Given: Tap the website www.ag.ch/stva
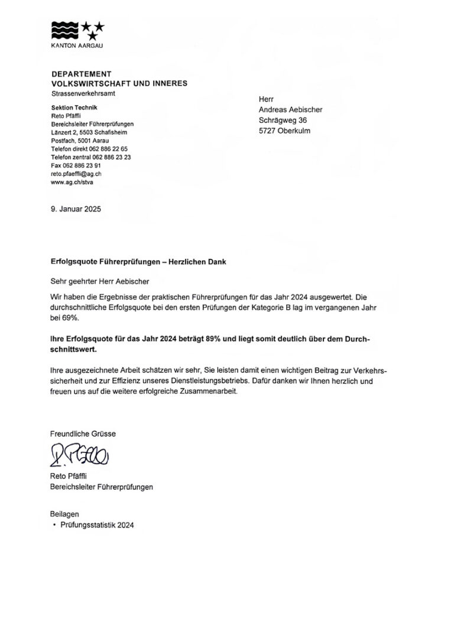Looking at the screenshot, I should tap(72, 183).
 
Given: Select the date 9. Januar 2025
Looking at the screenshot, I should tap(76, 209).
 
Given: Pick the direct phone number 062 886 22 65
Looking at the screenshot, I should tap(111, 149).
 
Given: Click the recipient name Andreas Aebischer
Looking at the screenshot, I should tap(291, 109).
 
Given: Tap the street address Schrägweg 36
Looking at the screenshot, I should tap(283, 120).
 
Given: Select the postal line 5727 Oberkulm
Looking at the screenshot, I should tap(284, 131).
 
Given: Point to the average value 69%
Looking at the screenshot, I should tap(70, 317).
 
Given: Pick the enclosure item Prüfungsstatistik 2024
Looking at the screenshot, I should tap(97, 525).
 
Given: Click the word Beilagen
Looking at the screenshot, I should tap(65, 515).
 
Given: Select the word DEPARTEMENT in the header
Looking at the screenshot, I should tap(82, 74).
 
